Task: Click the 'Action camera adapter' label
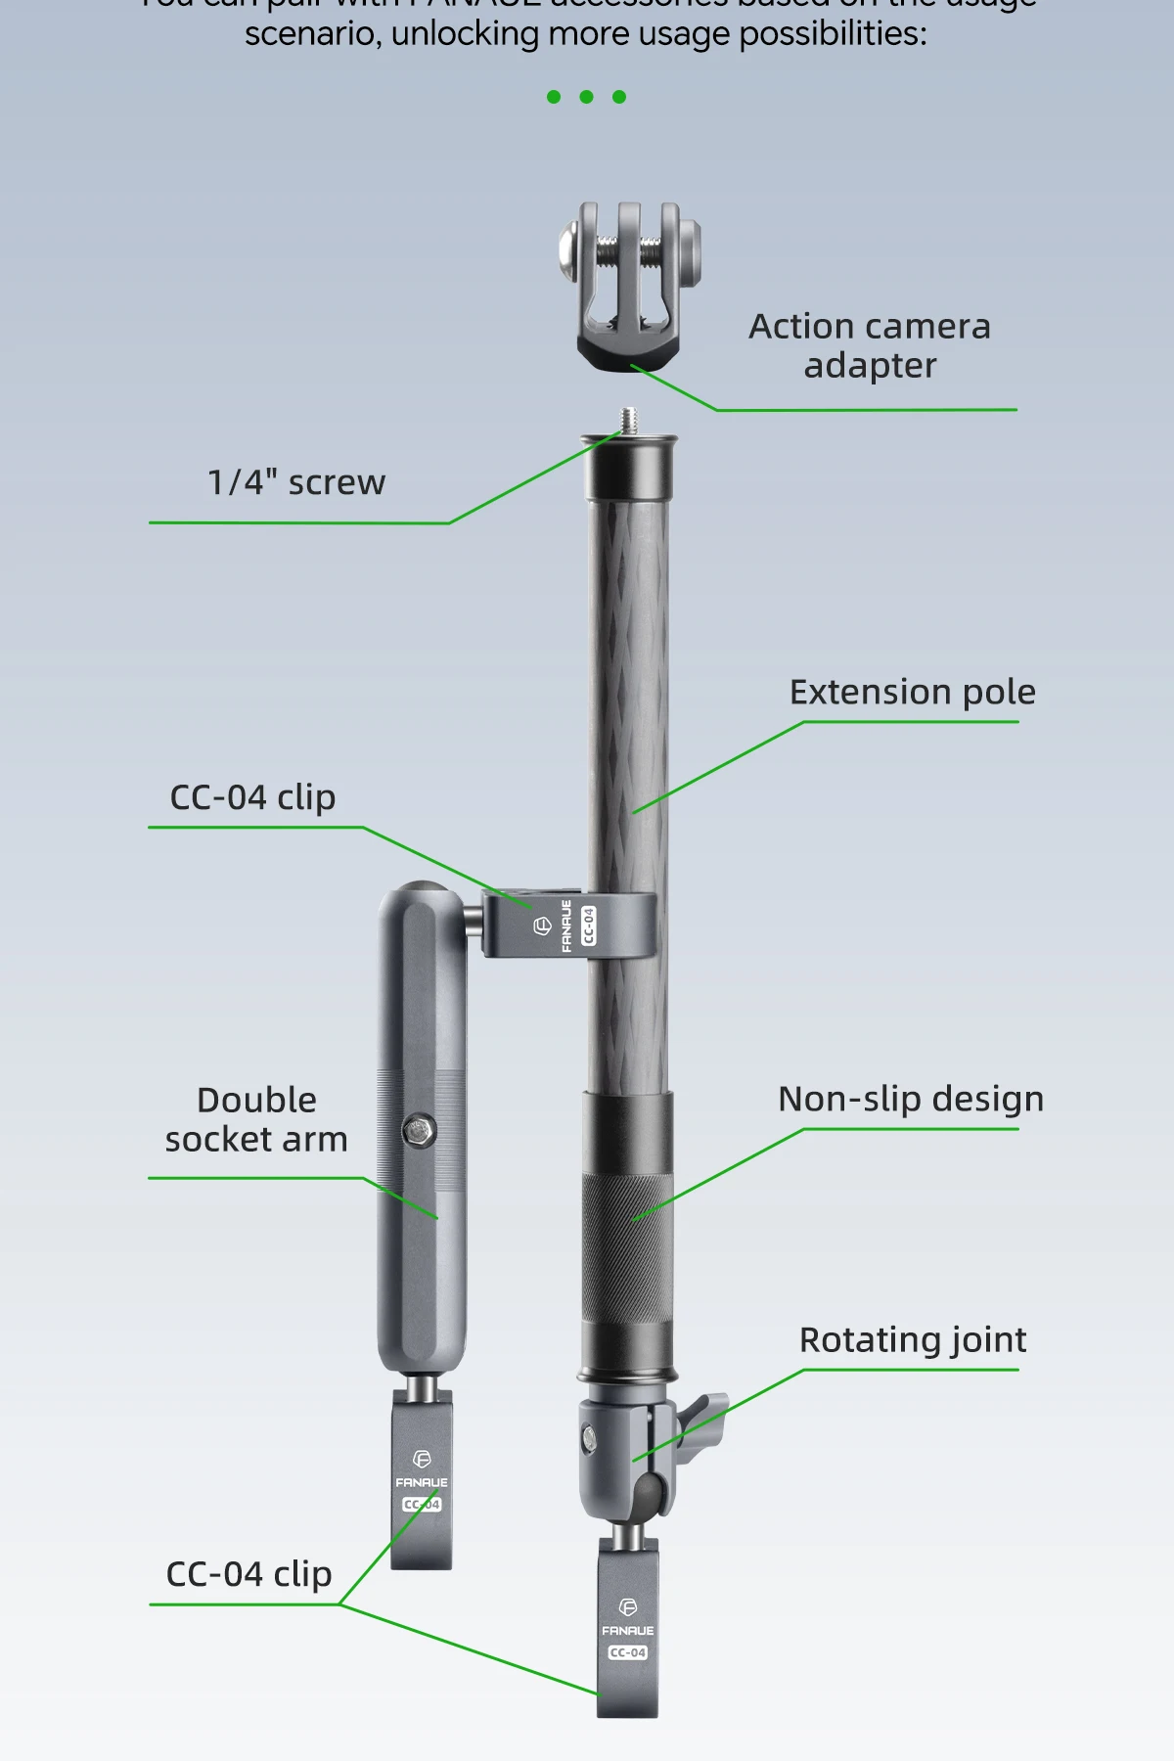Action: (870, 345)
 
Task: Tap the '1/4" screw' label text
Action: (296, 482)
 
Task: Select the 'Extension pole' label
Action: (912, 693)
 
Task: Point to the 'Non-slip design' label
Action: (910, 1099)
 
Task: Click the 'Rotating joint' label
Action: (912, 1339)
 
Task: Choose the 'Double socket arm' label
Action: (256, 1119)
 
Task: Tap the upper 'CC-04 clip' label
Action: (252, 797)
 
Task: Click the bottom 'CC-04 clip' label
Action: (248, 1574)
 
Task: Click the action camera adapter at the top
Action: (628, 284)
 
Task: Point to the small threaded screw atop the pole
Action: (628, 420)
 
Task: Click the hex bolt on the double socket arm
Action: (420, 1131)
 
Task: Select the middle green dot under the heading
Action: (586, 97)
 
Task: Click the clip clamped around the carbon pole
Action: (567, 926)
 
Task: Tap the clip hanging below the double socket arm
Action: (422, 1482)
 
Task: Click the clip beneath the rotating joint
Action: (627, 1629)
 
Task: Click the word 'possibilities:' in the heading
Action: (832, 34)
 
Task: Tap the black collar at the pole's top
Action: (628, 470)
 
